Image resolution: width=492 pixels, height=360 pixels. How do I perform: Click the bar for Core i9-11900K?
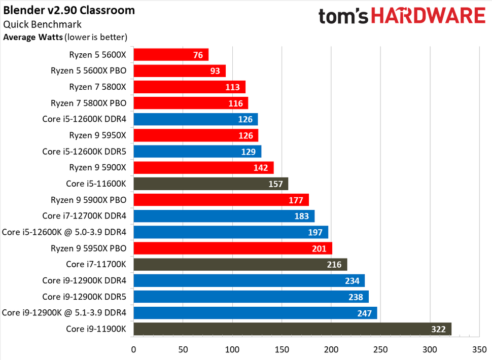[x=292, y=329]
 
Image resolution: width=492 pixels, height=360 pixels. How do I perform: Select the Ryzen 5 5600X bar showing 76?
[x=170, y=55]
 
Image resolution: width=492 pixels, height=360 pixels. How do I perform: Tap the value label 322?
[x=438, y=329]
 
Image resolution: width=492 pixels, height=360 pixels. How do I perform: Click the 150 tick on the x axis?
[x=282, y=349]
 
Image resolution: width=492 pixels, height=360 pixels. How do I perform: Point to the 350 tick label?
[x=479, y=349]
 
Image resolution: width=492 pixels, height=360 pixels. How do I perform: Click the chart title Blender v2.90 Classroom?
[x=69, y=11]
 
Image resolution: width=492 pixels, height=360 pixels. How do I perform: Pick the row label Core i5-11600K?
[x=96, y=184]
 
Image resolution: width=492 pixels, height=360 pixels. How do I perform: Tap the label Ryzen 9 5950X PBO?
[x=89, y=248]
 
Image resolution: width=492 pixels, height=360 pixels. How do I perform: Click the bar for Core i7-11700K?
[x=240, y=264]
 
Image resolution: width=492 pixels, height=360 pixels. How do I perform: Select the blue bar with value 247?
[x=255, y=313]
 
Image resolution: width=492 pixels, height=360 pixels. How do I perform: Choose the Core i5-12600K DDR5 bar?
[x=197, y=152]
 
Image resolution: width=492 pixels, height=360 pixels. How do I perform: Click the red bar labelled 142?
[x=203, y=167]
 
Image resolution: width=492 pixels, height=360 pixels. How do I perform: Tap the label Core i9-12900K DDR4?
[x=84, y=280]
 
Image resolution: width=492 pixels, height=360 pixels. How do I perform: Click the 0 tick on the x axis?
[x=133, y=349]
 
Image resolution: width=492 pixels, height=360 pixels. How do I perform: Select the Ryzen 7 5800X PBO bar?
[x=190, y=103]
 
